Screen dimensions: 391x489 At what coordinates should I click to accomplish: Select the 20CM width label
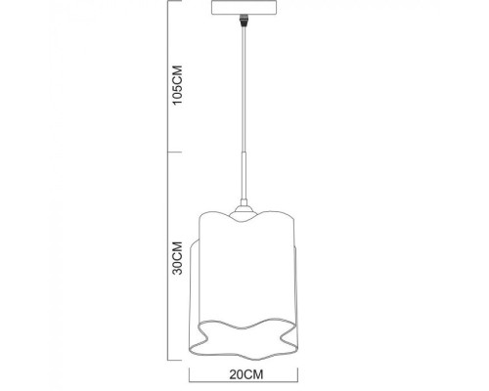241,372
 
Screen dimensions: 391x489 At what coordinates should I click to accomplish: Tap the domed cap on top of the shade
240,207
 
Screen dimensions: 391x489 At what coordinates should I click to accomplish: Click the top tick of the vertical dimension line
171,4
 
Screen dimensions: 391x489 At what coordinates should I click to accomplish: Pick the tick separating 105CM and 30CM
171,152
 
